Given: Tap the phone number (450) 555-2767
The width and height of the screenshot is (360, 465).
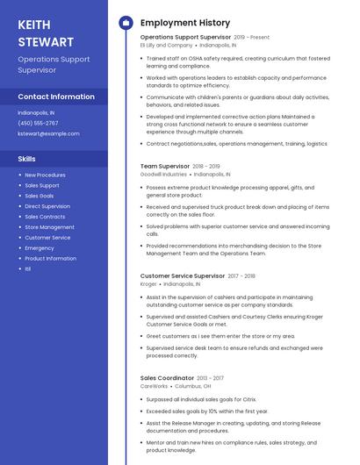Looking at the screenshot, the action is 38,123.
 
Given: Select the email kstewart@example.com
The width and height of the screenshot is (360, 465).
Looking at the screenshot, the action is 48,133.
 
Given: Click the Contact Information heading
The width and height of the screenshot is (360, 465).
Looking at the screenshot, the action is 56,97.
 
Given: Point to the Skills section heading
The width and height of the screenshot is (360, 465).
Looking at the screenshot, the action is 26,159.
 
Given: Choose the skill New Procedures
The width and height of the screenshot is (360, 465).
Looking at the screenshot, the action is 45,175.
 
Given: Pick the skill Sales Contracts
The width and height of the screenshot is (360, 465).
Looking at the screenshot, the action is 45,217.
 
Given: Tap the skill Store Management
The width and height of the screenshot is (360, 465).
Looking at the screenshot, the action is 49,227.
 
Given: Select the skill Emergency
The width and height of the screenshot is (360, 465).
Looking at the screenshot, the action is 39,247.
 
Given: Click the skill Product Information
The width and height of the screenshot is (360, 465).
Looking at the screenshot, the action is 50,258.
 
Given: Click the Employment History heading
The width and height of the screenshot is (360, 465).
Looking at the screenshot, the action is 185,23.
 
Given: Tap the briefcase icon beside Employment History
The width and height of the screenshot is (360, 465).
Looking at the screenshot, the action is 125,23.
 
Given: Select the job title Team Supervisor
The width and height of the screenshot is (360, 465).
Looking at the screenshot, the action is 165,166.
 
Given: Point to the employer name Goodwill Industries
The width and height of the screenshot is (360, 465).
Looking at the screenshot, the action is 163,174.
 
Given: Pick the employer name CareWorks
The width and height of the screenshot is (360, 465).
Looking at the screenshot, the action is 154,386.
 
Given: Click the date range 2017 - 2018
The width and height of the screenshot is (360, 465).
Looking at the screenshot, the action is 241,275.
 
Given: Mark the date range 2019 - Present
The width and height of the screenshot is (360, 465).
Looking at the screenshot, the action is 252,38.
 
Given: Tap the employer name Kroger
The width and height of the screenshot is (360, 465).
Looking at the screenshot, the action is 148,283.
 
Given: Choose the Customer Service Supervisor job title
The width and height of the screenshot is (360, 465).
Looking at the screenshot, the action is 183,275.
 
